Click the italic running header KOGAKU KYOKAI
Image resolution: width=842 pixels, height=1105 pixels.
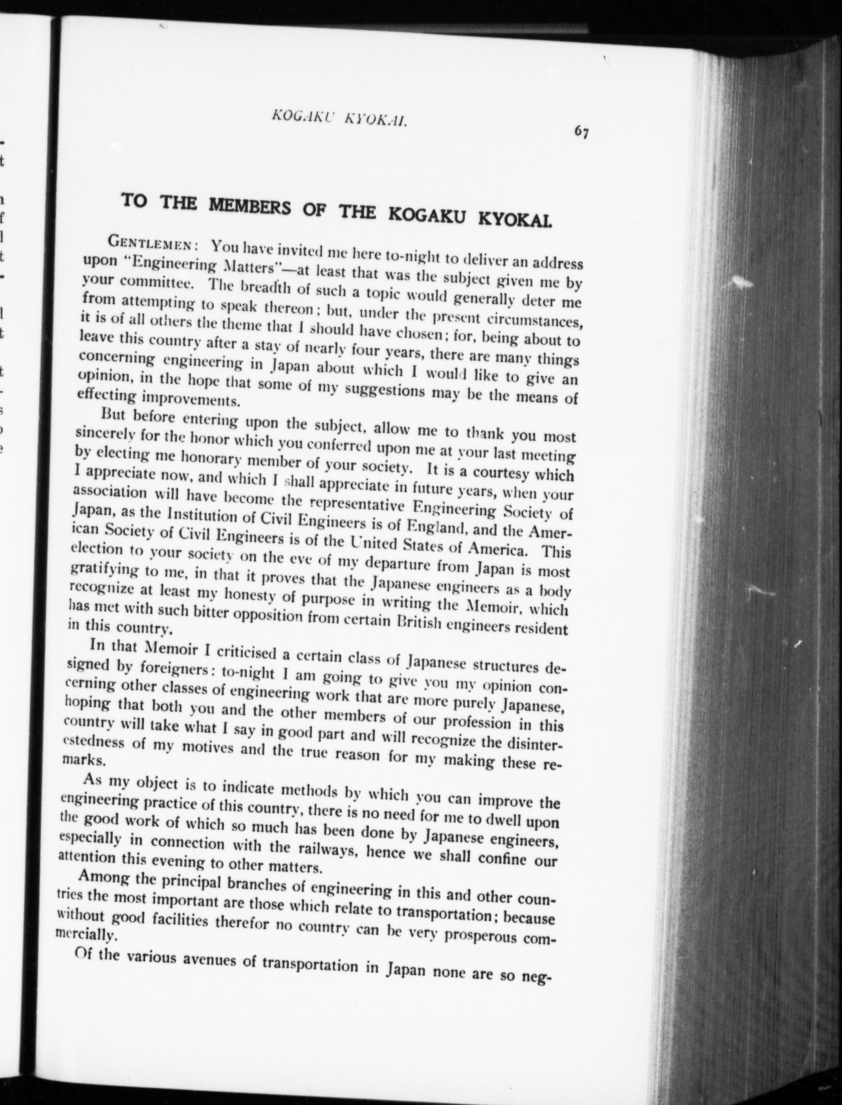339,119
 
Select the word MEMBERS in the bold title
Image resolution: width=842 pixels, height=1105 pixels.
249,205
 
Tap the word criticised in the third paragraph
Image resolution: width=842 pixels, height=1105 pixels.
244,652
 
